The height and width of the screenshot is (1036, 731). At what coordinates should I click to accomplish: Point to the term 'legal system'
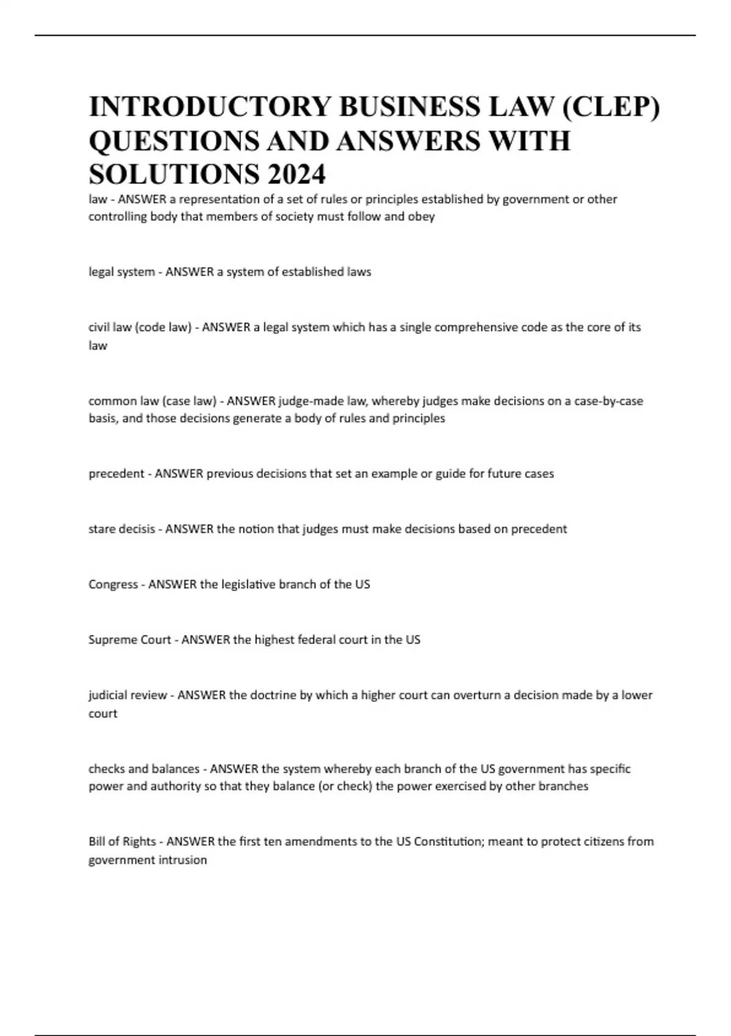click(x=121, y=272)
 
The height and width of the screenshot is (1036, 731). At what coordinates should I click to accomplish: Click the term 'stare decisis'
click(x=121, y=529)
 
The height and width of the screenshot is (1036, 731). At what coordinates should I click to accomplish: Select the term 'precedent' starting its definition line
click(x=116, y=474)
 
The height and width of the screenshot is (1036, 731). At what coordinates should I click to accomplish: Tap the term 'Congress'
click(x=113, y=584)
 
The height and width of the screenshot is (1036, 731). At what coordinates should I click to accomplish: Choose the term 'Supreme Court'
click(x=129, y=640)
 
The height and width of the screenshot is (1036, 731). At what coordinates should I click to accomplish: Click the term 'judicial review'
click(x=127, y=695)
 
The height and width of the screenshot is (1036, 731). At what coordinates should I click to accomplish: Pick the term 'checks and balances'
click(x=144, y=769)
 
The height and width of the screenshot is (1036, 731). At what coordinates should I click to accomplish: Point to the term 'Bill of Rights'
click(x=122, y=842)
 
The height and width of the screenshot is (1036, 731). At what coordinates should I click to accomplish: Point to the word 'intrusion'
click(x=183, y=860)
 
